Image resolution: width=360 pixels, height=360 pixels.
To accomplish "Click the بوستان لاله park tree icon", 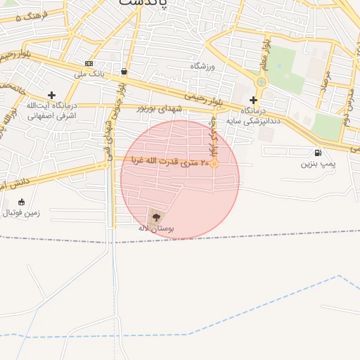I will pyautogui.click(x=155, y=216).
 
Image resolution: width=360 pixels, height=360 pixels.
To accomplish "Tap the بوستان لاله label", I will pyautogui.click(x=155, y=229).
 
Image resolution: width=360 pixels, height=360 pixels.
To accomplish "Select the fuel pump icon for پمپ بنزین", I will pyautogui.click(x=319, y=153).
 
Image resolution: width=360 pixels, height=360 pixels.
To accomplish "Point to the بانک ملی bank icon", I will pyautogui.click(x=89, y=63).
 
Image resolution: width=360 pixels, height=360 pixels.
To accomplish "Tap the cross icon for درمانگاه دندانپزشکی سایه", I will pyautogui.click(x=253, y=100).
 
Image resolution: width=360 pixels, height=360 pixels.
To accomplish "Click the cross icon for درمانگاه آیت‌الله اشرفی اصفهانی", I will pyautogui.click(x=51, y=94).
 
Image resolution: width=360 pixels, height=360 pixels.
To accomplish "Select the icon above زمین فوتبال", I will pyautogui.click(x=20, y=202).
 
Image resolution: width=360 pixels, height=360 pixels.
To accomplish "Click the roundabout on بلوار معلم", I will pyautogui.click(x=262, y=82).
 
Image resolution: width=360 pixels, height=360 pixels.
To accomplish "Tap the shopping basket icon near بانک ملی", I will pyautogui.click(x=124, y=71).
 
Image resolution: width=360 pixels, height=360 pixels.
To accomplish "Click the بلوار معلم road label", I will pyautogui.click(x=266, y=55).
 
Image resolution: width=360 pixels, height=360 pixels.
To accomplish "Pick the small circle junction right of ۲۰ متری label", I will pyautogui.click(x=214, y=165).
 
